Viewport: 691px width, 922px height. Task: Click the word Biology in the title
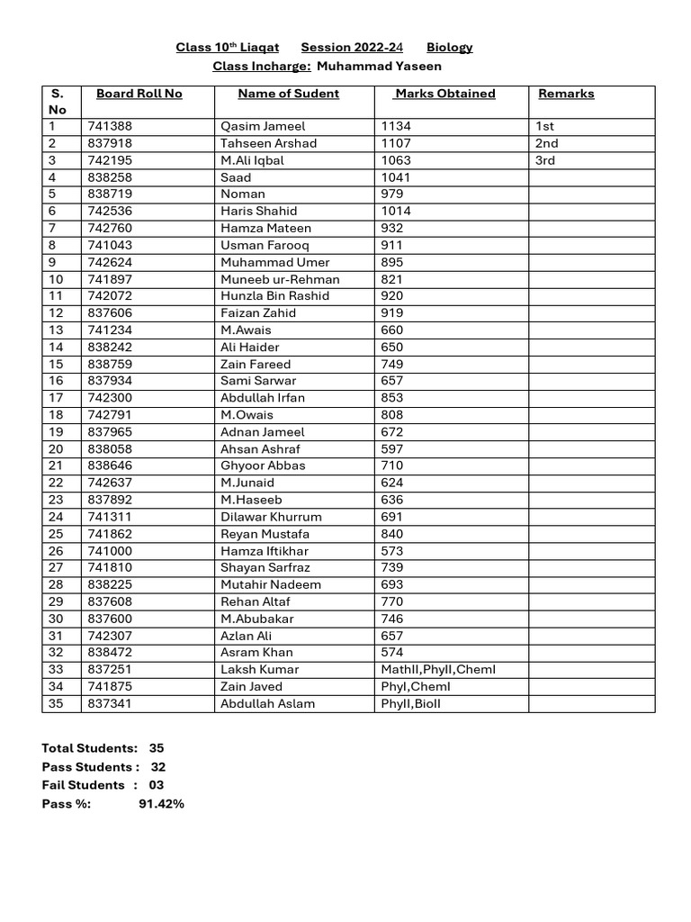449,47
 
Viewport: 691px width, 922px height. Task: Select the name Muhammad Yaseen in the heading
381,66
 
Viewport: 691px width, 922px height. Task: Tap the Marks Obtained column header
445,94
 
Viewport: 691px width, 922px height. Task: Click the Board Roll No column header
139,94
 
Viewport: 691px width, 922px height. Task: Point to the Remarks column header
566,94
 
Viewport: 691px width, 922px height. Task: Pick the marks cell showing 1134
396,126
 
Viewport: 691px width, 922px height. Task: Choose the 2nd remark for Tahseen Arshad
546,143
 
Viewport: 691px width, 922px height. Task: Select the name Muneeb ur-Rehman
280,279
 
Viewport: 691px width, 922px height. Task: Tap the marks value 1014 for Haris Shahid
396,211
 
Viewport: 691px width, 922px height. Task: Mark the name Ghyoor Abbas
263,466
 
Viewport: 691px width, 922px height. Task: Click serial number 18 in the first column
56,415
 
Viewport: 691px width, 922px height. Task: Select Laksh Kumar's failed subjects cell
438,669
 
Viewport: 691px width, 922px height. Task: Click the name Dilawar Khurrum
271,517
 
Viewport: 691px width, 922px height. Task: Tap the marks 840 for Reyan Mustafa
392,534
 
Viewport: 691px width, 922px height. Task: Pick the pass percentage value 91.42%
161,803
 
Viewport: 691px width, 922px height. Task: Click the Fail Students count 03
156,785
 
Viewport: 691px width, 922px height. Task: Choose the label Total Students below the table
89,748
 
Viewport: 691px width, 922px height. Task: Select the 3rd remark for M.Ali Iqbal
545,160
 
